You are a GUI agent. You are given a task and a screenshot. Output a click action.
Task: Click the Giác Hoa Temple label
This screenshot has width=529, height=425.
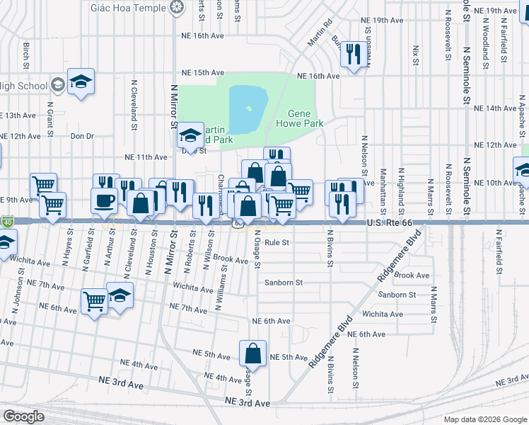[129, 8]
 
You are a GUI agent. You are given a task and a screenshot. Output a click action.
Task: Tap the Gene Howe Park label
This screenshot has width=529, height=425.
[305, 118]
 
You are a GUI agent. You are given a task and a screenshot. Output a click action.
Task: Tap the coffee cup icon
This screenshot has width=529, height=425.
[105, 200]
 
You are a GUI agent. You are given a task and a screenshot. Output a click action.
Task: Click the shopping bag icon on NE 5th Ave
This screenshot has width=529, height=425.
[252, 353]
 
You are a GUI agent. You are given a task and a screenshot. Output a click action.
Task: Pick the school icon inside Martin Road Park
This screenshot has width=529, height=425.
[190, 133]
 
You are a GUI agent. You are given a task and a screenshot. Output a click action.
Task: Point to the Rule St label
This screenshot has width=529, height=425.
[278, 242]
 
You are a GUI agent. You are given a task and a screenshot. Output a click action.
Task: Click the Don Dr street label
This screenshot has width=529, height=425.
[82, 136]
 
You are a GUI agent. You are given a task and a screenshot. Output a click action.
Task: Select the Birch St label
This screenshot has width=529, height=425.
[26, 51]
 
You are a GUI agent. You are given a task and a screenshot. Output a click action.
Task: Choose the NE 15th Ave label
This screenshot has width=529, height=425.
[203, 72]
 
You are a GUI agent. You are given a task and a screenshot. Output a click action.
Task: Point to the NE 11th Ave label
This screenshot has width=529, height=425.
[146, 157]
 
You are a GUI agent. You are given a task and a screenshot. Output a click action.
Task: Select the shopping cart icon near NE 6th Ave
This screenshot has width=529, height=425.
[95, 302]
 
